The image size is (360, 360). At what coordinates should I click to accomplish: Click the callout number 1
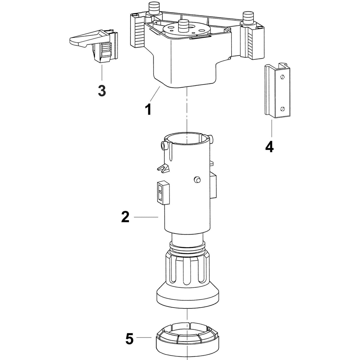pos(148,109)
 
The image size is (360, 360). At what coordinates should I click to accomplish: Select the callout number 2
pos(125,217)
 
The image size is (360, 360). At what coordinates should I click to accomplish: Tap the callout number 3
pos(102,90)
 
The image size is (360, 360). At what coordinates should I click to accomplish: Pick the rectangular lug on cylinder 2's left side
pos(162,192)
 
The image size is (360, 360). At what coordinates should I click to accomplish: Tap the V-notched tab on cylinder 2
pos(163,169)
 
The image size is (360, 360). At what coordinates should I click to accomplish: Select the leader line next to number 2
pos(146,217)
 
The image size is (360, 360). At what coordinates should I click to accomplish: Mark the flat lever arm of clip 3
pos(82,39)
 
